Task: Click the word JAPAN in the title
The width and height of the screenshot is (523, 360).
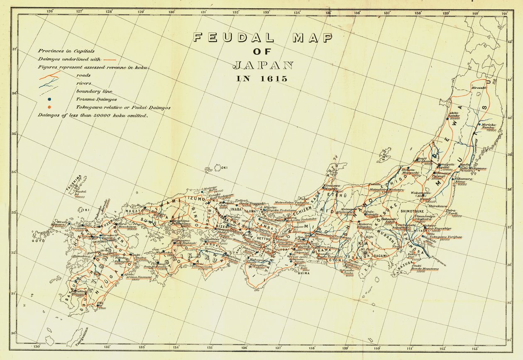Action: pyautogui.click(x=263, y=65)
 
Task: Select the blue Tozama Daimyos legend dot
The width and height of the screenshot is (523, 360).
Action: pyautogui.click(x=49, y=99)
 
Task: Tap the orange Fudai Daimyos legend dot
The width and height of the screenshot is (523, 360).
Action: pyautogui.click(x=49, y=107)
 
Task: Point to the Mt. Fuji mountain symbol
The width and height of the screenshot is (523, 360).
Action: pyautogui.click(x=365, y=252)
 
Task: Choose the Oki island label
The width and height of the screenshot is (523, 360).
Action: pyautogui.click(x=225, y=168)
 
